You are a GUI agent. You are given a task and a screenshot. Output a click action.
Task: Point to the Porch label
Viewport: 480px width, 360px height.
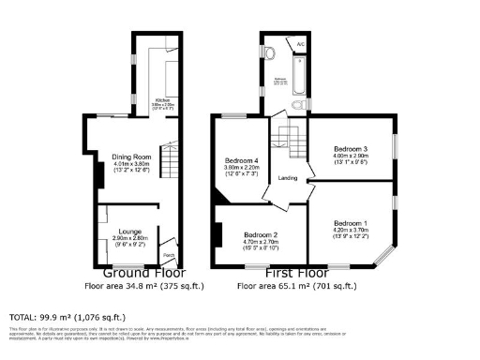169,254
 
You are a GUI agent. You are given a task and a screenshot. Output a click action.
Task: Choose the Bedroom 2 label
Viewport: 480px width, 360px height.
261,234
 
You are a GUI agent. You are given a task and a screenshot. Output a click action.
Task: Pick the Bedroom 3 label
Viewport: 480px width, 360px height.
351,148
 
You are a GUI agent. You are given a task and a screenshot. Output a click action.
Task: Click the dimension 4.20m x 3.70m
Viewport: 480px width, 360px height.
351,229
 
